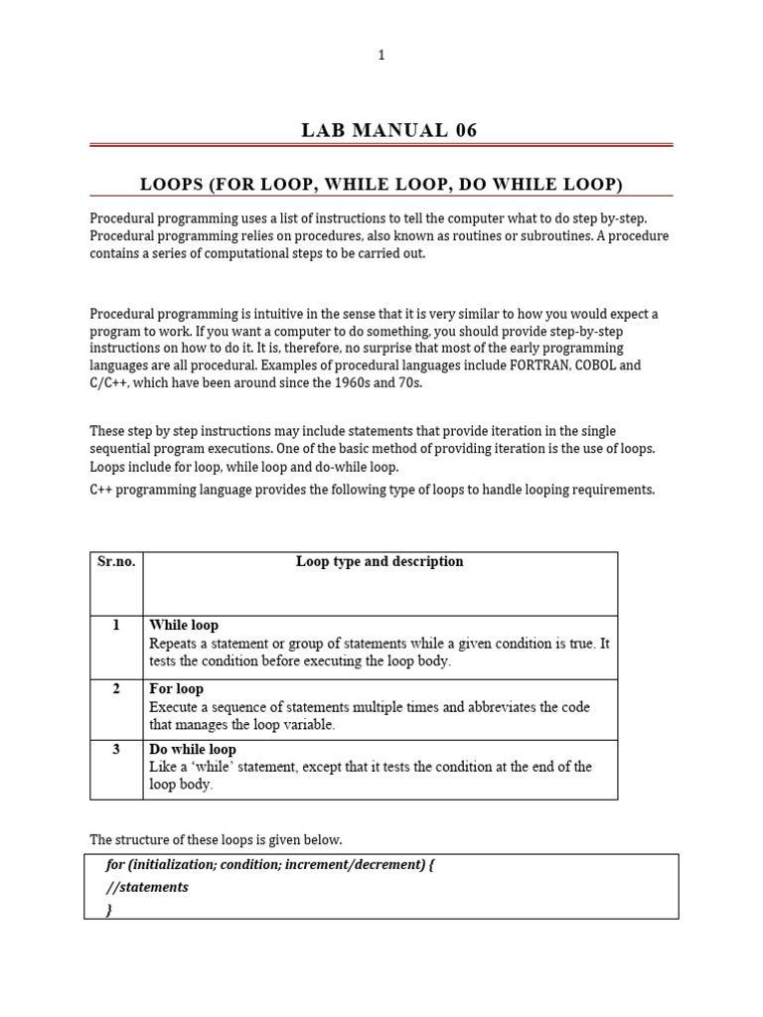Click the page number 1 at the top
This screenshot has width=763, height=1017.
tap(381, 56)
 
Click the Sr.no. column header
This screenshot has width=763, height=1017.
tap(116, 562)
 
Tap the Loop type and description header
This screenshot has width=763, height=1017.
tap(380, 562)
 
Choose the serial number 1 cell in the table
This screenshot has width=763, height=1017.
tap(116, 626)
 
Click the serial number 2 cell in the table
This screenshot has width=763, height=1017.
tap(116, 689)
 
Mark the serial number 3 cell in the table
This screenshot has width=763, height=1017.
tap(116, 750)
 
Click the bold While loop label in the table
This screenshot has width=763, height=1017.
tap(184, 626)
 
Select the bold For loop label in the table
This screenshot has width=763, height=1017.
tap(176, 689)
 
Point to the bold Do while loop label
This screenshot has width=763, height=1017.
tap(193, 750)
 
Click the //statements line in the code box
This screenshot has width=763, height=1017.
tap(146, 887)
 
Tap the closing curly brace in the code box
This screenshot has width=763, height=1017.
tap(108, 909)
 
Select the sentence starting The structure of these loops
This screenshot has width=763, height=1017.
tap(216, 839)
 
